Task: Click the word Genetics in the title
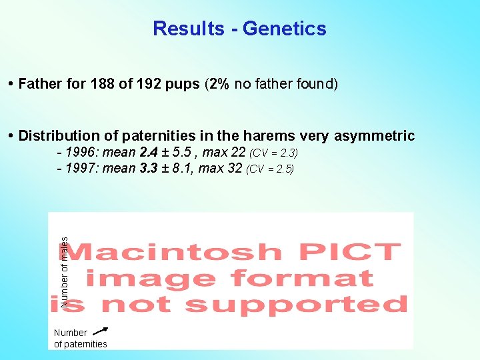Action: click(x=285, y=29)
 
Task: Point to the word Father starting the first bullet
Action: click(x=41, y=84)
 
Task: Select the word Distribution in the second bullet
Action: click(x=61, y=137)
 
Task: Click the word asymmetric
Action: click(x=374, y=137)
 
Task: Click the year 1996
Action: click(x=81, y=153)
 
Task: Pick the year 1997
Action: click(x=81, y=169)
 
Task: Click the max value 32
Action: click(x=234, y=169)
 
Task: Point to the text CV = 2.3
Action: click(x=275, y=154)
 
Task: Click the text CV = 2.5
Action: click(x=270, y=169)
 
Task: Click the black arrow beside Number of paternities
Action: click(x=100, y=330)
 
